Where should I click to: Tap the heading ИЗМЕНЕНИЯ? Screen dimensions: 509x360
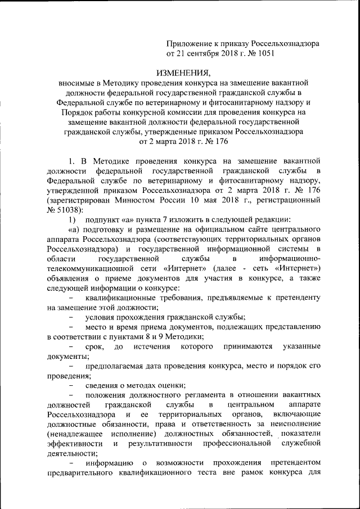(182, 73)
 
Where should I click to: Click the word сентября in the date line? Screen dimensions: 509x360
(208, 55)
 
